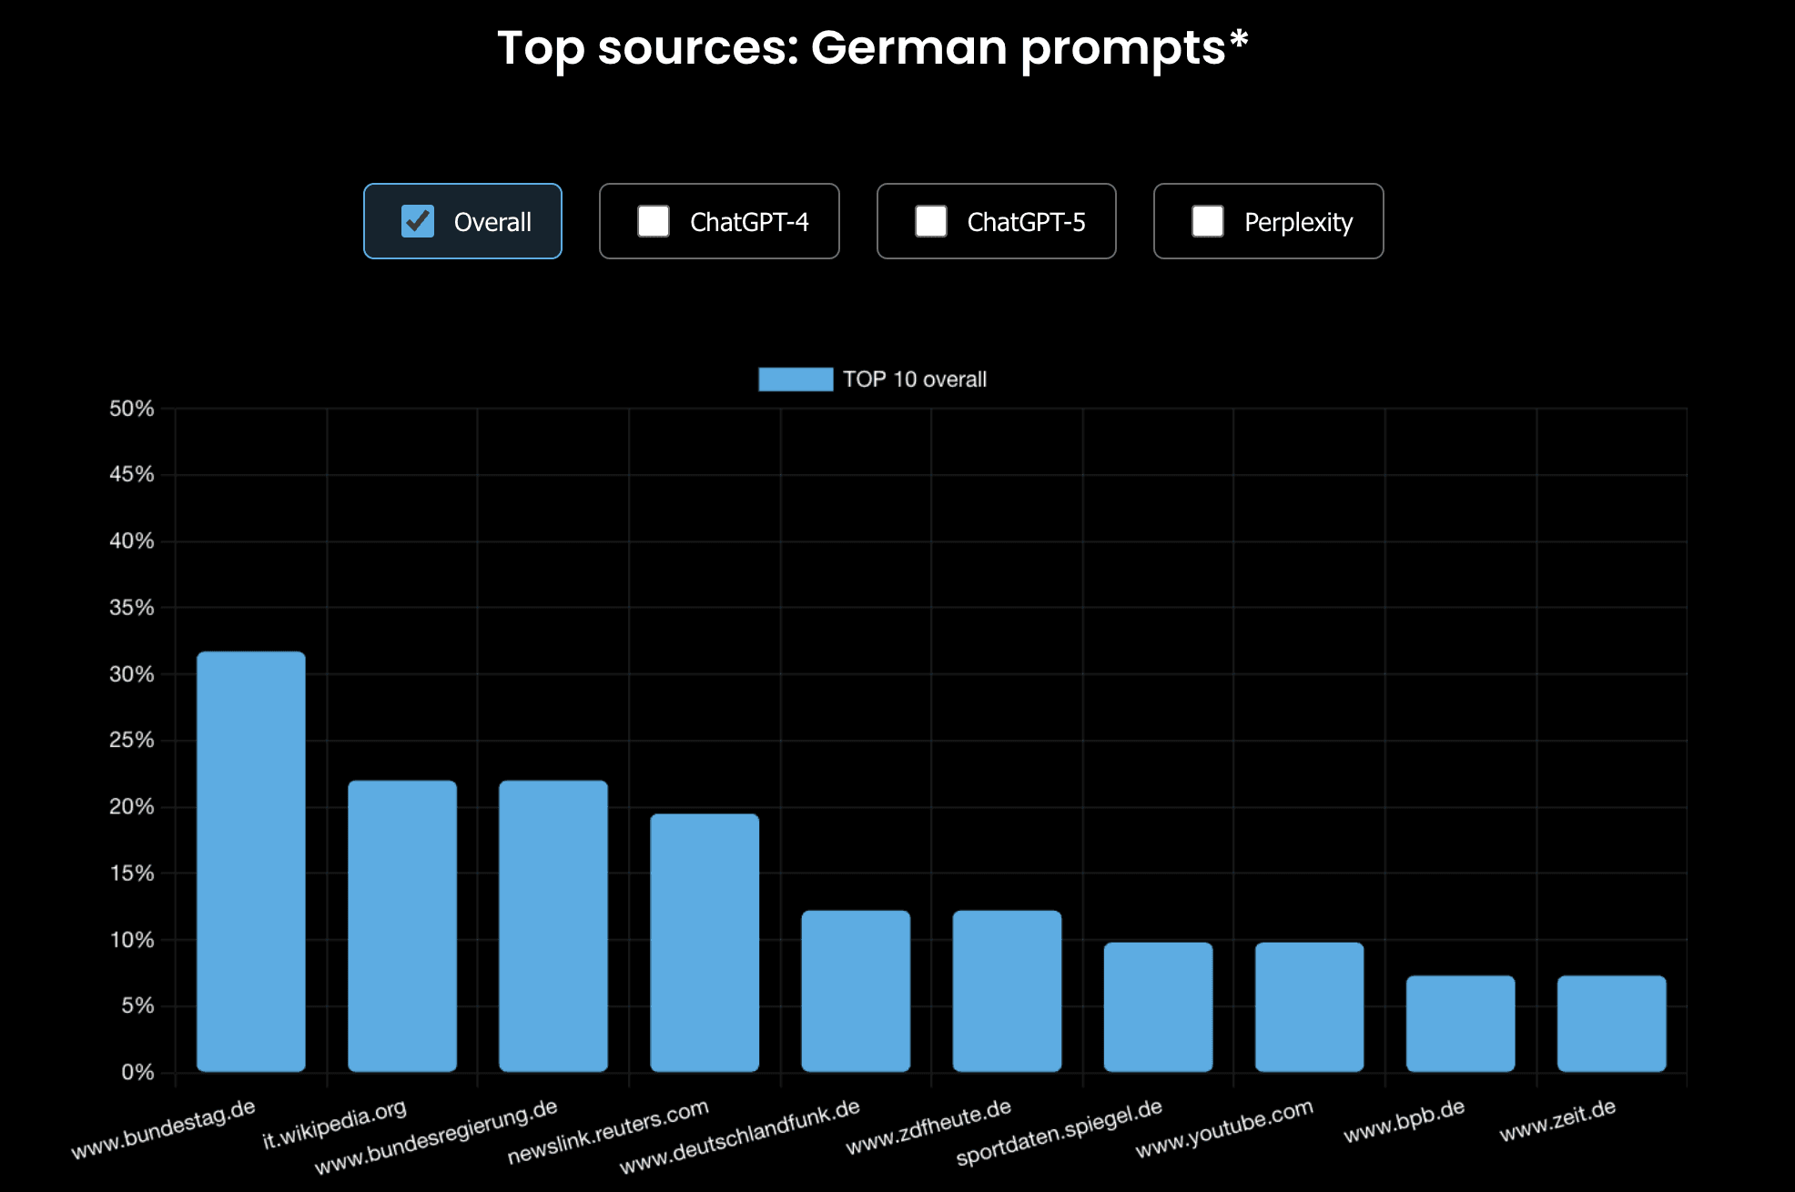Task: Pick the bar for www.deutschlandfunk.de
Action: pyautogui.click(x=856, y=991)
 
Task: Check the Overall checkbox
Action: pyautogui.click(x=418, y=221)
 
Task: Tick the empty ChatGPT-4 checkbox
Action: pyautogui.click(x=654, y=221)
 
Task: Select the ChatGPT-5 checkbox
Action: pyautogui.click(x=930, y=221)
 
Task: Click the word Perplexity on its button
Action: pyautogui.click(x=1298, y=222)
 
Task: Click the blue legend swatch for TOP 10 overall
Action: pyautogui.click(x=796, y=379)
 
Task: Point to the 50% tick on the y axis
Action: pyautogui.click(x=132, y=409)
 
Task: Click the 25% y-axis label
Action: pyautogui.click(x=132, y=740)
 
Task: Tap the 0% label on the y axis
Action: pyautogui.click(x=137, y=1072)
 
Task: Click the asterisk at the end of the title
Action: pyautogui.click(x=1239, y=40)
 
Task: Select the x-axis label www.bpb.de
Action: pyautogui.click(x=1405, y=1121)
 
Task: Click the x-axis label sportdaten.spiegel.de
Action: pyautogui.click(x=1060, y=1133)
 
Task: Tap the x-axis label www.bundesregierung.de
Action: pyautogui.click(x=436, y=1137)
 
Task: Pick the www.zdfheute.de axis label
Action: pyautogui.click(x=928, y=1126)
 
